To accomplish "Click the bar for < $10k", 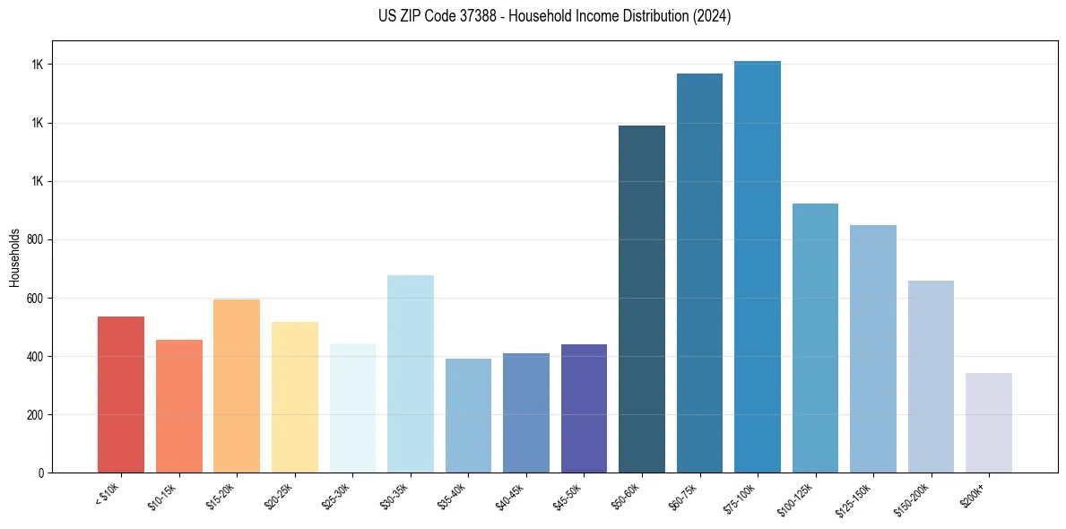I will point(121,395).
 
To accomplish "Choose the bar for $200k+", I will point(989,422).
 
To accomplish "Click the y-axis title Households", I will point(14,257).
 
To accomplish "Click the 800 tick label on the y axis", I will point(36,240).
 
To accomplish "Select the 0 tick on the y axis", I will point(41,473).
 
